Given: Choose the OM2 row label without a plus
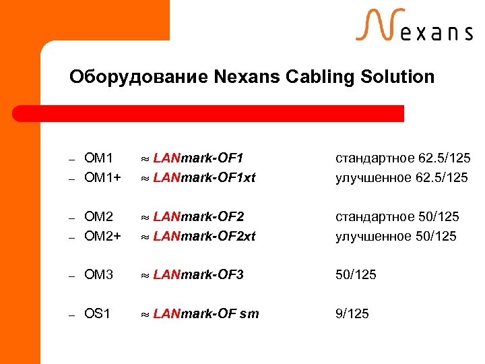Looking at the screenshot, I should pyautogui.click(x=99, y=217).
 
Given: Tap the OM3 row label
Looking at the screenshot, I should pyautogui.click(x=99, y=275).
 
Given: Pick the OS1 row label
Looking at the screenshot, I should pyautogui.click(x=98, y=313).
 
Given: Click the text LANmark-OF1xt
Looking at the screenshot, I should pyautogui.click(x=205, y=178).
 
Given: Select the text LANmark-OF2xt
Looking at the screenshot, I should pyautogui.click(x=205, y=236).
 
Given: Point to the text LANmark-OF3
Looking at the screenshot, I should pyautogui.click(x=199, y=275).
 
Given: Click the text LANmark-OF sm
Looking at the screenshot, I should pyautogui.click(x=206, y=313).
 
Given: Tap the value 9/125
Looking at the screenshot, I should pyautogui.click(x=352, y=313).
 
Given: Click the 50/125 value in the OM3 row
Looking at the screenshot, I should pyautogui.click(x=356, y=275).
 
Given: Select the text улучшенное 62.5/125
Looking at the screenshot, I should pyautogui.click(x=401, y=178).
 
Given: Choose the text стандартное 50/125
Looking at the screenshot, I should pyautogui.click(x=397, y=217).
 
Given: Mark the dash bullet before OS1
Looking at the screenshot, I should pyautogui.click(x=71, y=315).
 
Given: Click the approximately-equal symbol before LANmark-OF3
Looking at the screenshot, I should pyautogui.click(x=144, y=276).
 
